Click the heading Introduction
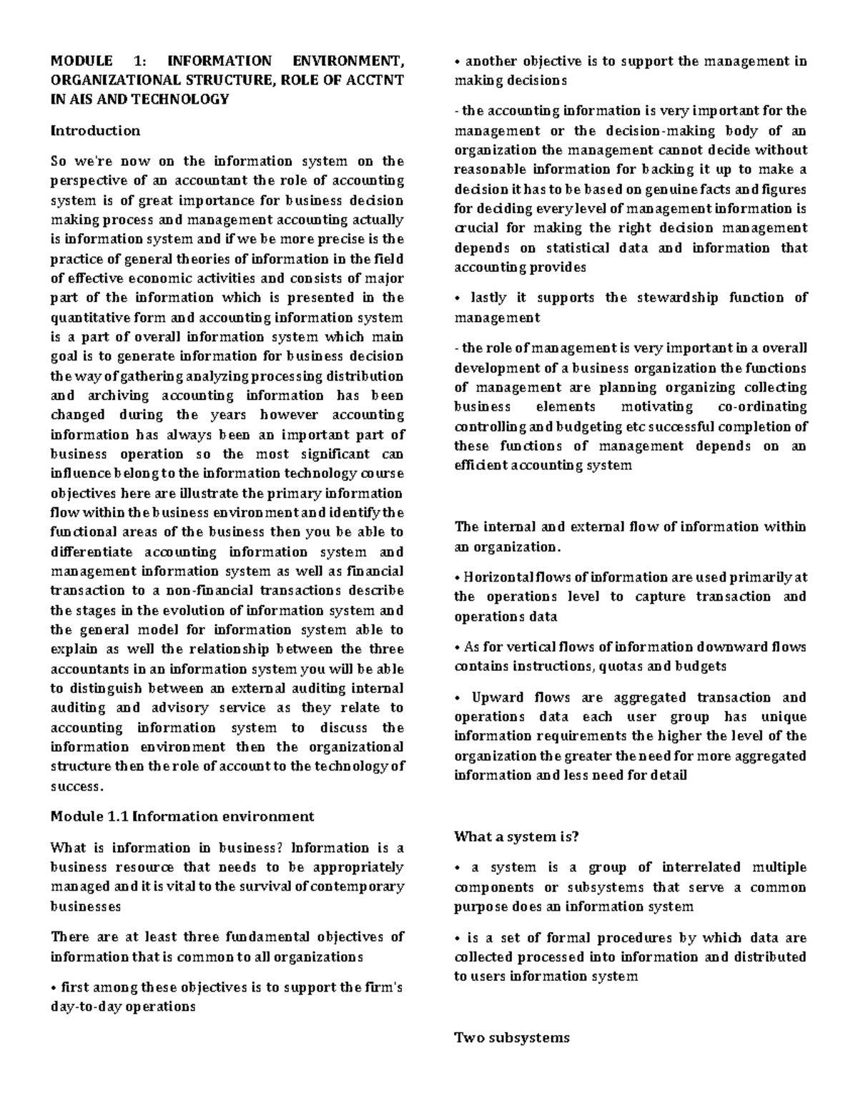pos(95,130)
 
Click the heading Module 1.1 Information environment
pos(182,816)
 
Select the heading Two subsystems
pos(512,1037)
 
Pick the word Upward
pos(499,698)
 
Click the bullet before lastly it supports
pos(457,298)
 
